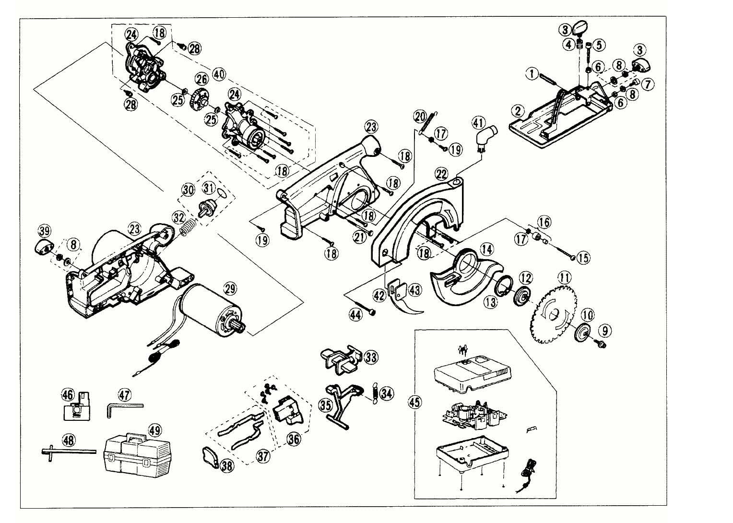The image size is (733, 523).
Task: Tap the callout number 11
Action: (564, 278)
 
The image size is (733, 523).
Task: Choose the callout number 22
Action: (442, 173)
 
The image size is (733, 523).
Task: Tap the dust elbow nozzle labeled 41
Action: (485, 138)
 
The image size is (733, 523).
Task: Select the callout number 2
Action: (517, 111)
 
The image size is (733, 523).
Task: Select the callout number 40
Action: (219, 75)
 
